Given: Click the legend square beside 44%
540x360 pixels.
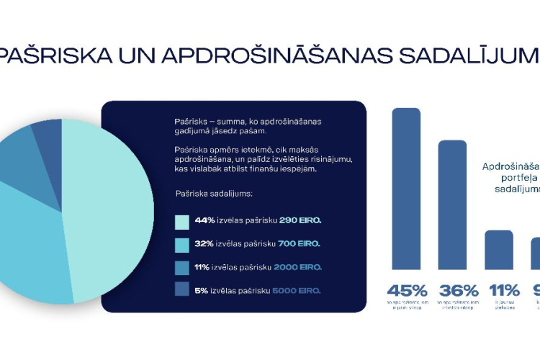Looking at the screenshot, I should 181,220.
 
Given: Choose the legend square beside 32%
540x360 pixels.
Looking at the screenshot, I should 181,243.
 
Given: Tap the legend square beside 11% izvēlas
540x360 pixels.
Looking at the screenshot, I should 181,267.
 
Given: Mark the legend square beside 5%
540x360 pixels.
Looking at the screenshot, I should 181,290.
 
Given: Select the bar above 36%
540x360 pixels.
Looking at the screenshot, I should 452,204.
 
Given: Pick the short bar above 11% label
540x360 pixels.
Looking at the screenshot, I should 499,250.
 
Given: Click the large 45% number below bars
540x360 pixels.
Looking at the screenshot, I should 407,291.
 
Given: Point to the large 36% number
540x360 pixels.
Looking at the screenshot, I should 459,291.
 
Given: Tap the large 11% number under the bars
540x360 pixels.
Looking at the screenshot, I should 505,291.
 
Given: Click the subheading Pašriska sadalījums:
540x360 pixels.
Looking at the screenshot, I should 214,194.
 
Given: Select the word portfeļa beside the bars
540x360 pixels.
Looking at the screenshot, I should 513,177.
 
